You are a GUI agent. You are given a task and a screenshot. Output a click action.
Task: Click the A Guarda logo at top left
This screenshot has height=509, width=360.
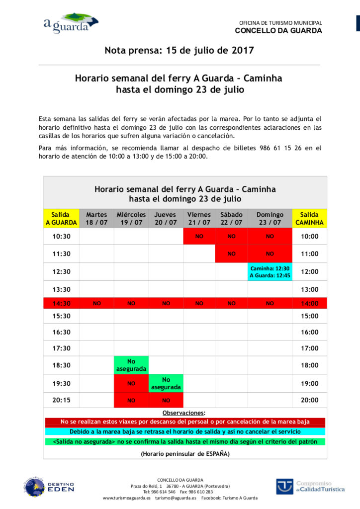(70, 23)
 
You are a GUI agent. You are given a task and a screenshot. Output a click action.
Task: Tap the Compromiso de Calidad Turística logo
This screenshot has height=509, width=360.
(310, 486)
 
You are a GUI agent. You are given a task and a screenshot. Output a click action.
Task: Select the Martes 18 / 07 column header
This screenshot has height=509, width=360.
(96, 218)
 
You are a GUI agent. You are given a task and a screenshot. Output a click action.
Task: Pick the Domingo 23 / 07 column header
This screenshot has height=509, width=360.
(270, 218)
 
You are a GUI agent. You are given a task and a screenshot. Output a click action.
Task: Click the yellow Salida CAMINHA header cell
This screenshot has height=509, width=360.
(309, 218)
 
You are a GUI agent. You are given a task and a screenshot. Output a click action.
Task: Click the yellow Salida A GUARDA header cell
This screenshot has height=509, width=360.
(61, 218)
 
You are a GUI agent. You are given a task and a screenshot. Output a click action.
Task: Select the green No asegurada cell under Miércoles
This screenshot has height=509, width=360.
(131, 365)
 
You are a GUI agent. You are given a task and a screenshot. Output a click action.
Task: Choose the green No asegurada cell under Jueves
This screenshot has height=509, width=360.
(166, 383)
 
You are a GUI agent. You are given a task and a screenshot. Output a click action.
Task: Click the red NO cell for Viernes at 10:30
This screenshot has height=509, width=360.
(199, 236)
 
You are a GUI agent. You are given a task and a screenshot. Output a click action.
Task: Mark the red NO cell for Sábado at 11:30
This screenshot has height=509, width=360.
(231, 254)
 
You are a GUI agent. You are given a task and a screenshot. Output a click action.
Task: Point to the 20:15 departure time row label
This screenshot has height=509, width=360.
(61, 400)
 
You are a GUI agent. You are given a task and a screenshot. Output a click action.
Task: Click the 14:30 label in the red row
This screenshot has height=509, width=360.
(61, 303)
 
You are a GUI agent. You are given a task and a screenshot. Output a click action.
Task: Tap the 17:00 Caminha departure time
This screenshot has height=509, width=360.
(309, 348)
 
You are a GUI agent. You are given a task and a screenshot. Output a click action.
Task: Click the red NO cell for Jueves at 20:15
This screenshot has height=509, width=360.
(166, 400)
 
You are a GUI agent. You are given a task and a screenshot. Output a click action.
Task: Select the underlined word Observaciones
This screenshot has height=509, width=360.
(183, 413)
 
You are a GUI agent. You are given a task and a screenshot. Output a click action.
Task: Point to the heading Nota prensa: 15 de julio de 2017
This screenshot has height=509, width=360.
(179, 50)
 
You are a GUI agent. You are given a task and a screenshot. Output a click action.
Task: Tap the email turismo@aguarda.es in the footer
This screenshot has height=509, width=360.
(176, 498)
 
